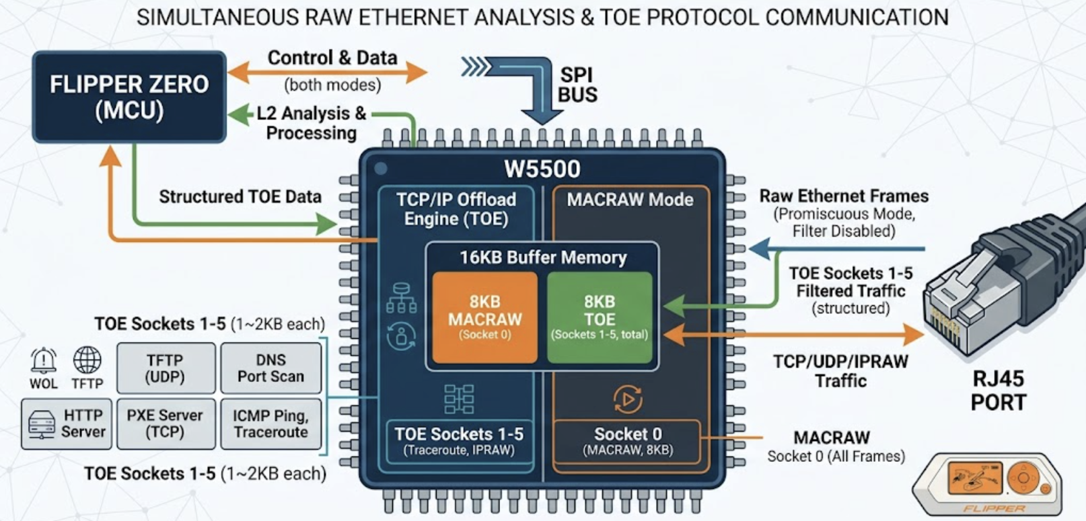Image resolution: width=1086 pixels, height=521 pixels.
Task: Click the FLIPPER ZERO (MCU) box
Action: pos(129,97)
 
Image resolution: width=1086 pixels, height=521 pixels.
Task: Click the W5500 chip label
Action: pos(542,169)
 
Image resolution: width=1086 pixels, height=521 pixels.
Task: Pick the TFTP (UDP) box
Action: pos(166,368)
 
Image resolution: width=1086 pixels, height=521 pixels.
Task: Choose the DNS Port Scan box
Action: pos(270,368)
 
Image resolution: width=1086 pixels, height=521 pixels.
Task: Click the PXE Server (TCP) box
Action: pos(166,424)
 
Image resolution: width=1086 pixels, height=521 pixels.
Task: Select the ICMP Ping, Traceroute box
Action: pos(270,424)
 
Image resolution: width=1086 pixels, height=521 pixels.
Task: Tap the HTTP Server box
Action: pos(67,424)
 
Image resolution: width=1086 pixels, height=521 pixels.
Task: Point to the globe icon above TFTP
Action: pos(87,360)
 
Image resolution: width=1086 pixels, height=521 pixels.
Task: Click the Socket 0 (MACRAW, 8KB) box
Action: pos(627,441)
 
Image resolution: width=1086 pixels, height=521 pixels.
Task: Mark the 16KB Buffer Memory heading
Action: pos(543,257)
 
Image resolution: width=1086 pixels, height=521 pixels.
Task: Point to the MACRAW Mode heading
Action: pos(630,200)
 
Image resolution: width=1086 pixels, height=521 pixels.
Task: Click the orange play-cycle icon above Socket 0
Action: pos(628,399)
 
